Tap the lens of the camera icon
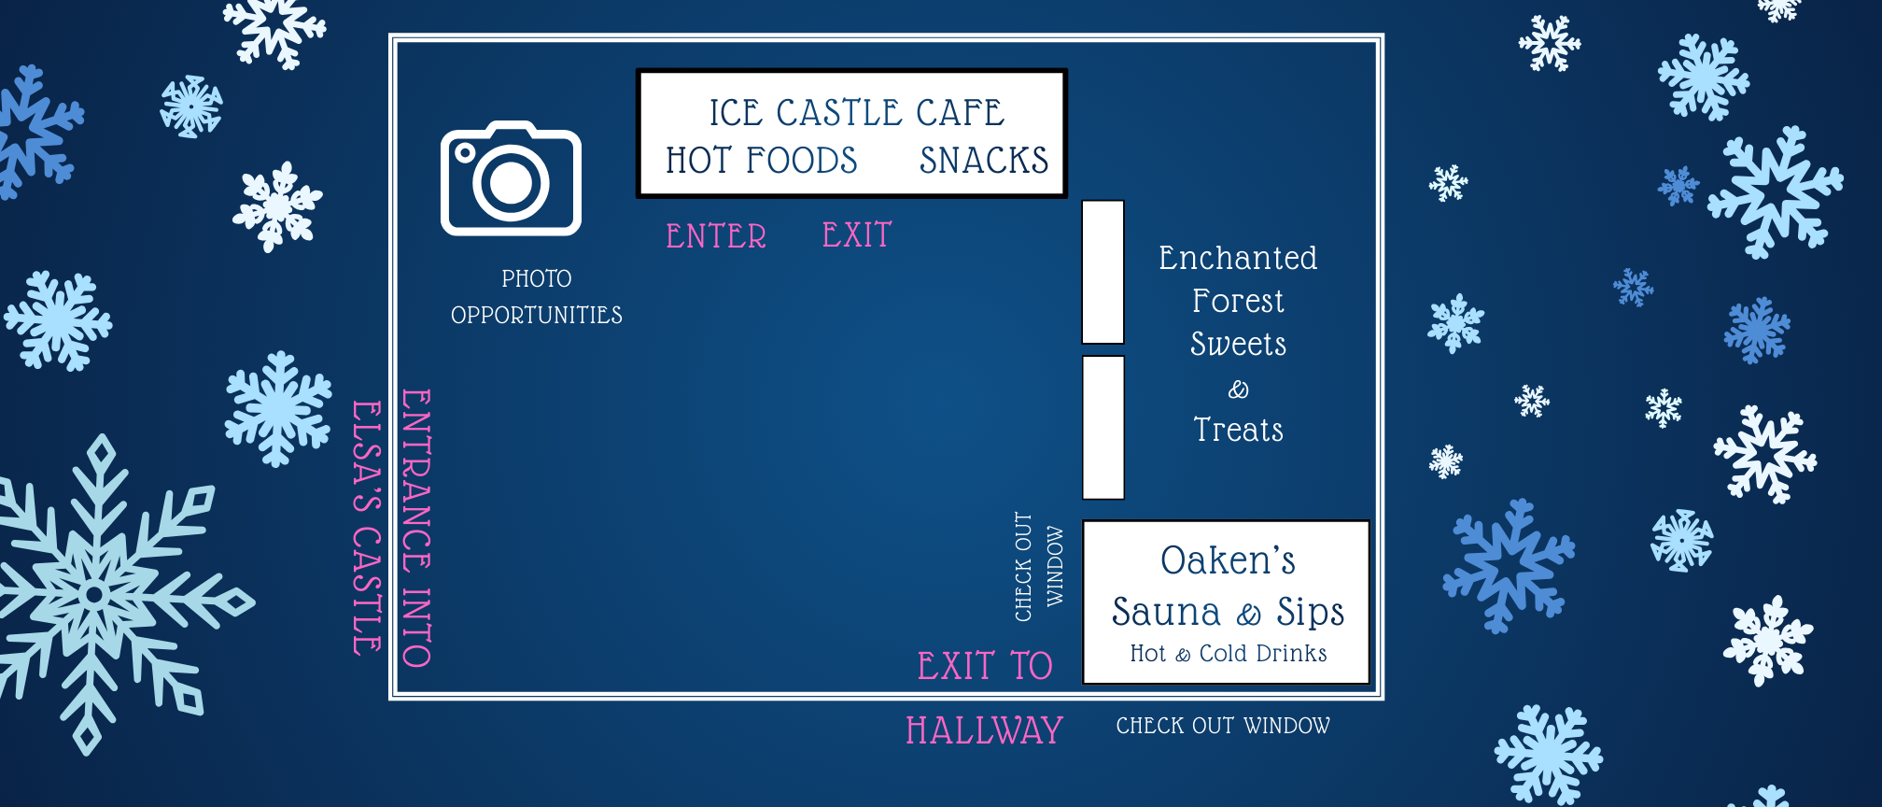(511, 183)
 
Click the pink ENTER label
(716, 236)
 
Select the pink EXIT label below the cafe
(857, 235)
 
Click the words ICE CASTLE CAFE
(856, 113)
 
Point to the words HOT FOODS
(761, 161)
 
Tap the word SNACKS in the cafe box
(984, 161)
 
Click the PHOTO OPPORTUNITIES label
(536, 297)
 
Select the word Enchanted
(1238, 258)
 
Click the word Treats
(1238, 430)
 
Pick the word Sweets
(1238, 344)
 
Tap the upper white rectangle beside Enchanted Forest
(1103, 272)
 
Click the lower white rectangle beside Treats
(1103, 427)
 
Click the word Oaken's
(1228, 560)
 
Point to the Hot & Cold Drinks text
(1228, 654)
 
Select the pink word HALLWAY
(984, 730)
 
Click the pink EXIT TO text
(984, 666)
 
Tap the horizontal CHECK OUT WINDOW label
(1223, 726)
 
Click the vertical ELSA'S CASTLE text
(366, 528)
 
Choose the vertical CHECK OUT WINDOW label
(1038, 567)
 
